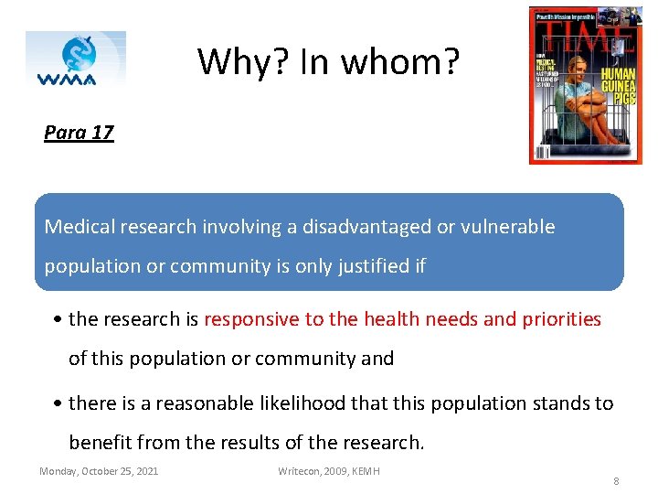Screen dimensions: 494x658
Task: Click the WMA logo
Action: tap(75, 59)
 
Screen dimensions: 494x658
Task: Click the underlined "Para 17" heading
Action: tap(79, 133)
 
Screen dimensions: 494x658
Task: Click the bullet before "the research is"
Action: tap(58, 319)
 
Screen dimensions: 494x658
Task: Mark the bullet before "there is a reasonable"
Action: tap(58, 403)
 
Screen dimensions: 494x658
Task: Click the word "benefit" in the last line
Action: tap(100, 444)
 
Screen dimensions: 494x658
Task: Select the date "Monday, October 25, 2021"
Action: tap(99, 471)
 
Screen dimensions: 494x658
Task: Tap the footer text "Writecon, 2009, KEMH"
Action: tap(329, 471)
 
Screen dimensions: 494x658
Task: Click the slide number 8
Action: tap(616, 480)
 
